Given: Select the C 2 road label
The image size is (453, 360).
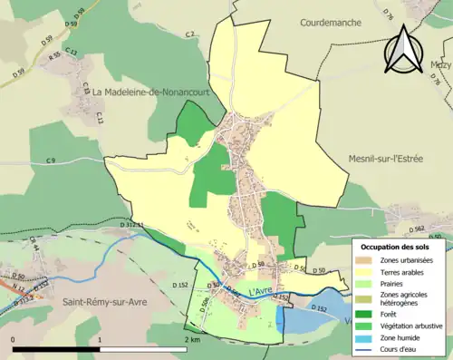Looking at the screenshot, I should (190, 34).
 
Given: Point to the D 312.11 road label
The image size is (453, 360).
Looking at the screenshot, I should (132, 224).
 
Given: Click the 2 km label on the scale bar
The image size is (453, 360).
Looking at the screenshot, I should (192, 339).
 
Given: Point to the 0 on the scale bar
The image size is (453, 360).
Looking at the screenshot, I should (14, 339).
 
